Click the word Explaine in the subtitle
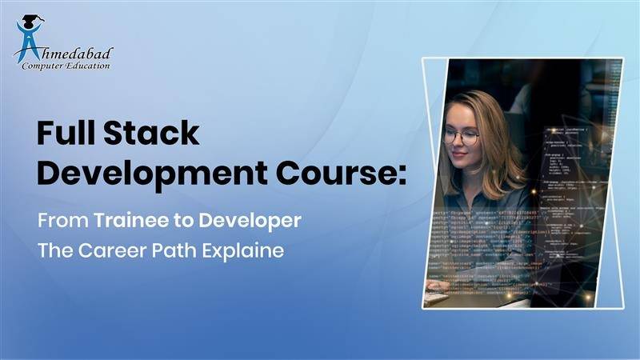[x=248, y=250]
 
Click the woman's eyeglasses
[x=462, y=136]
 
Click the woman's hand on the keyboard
[x=437, y=285]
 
